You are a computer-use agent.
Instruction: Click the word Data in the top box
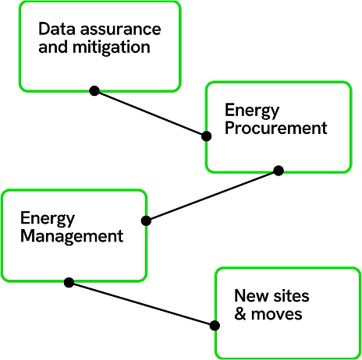[x=57, y=29]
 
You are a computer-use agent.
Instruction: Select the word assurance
[x=121, y=29]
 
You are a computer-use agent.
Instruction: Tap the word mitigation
[x=112, y=48]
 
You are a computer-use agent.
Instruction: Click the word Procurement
[x=276, y=128]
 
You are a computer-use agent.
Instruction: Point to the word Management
[x=72, y=237]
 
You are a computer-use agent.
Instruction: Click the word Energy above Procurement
[x=252, y=111]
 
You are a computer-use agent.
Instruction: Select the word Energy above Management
[x=48, y=219]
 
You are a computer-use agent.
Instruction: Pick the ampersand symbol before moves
[x=240, y=314]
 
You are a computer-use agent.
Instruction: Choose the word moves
[x=276, y=314]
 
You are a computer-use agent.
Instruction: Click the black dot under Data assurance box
[x=94, y=90]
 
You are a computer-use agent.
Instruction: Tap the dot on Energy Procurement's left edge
[x=206, y=136]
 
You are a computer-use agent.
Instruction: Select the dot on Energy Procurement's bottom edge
[x=279, y=171]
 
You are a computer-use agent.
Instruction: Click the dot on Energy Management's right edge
[x=146, y=221]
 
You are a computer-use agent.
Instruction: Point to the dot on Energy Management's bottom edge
[x=69, y=282]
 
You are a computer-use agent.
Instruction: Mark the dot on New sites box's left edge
[x=215, y=326]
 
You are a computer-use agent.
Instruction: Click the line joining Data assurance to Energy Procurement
[x=151, y=114]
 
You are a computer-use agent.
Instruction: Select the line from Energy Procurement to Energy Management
[x=212, y=196]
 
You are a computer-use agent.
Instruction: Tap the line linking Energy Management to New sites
[x=142, y=304]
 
